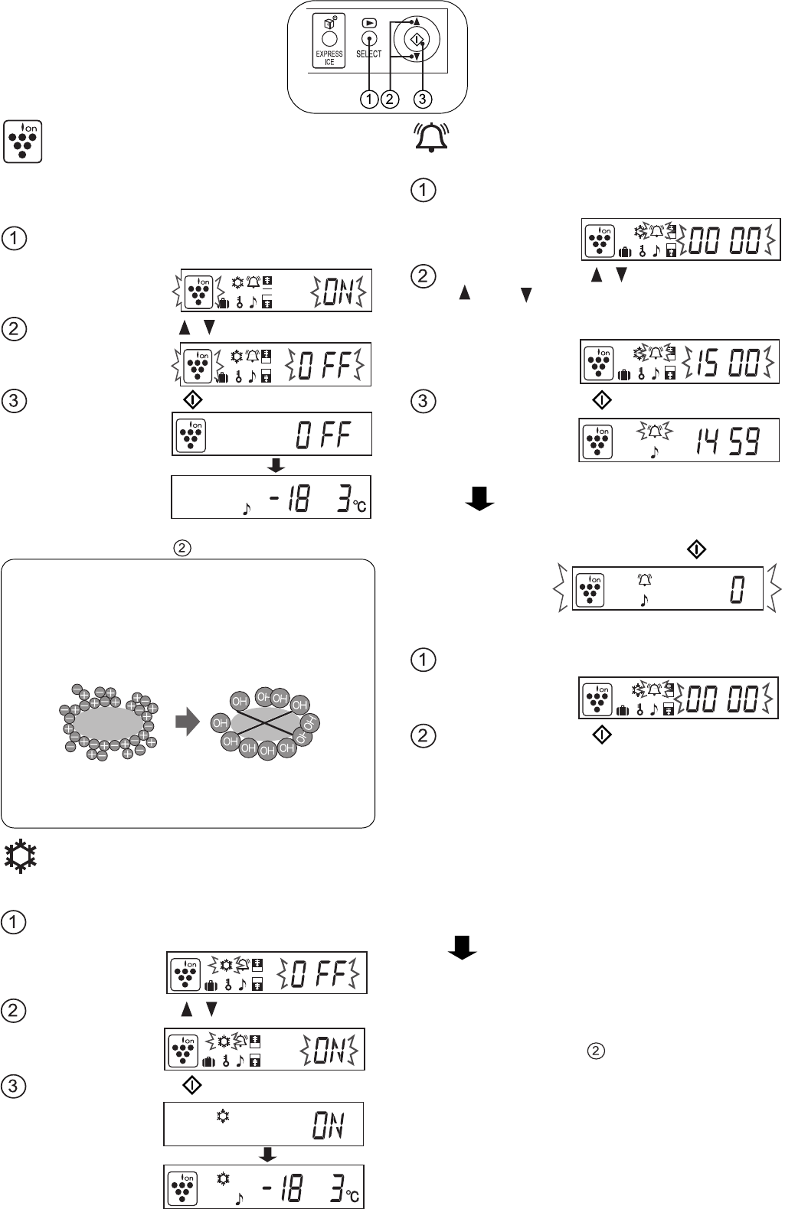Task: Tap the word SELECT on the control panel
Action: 369,54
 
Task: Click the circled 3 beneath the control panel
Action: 423,99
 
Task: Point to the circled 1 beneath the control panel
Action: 369,99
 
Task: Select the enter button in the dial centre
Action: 417,39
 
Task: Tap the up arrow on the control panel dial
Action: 416,21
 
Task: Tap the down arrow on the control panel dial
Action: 416,56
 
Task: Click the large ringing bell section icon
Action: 430,138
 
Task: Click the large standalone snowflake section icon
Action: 21,855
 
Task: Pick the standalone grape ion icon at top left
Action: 23,142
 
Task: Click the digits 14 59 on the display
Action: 728,441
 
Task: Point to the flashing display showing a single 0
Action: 667,588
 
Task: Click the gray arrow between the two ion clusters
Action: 188,722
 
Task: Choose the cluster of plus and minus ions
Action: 108,722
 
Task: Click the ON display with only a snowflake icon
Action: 263,1124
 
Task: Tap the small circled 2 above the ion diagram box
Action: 182,548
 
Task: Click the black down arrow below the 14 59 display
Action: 479,498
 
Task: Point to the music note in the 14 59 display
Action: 654,452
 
